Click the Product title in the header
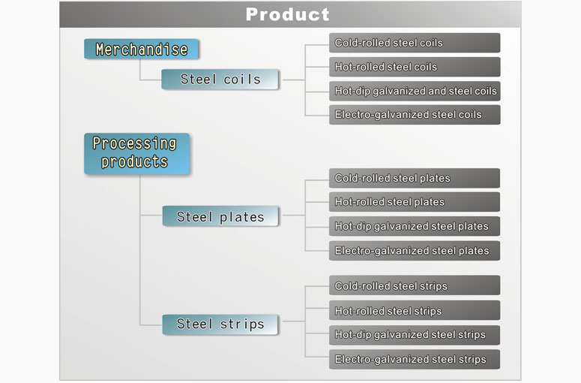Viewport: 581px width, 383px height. point(288,14)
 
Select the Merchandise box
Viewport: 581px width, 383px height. point(142,49)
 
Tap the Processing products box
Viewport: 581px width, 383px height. point(136,154)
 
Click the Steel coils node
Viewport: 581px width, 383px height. point(220,79)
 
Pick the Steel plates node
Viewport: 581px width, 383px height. point(220,216)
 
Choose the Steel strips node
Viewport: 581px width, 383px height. point(220,324)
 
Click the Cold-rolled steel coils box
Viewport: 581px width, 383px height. point(415,43)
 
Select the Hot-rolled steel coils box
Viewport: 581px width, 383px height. point(415,67)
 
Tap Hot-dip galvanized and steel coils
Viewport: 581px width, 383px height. point(415,91)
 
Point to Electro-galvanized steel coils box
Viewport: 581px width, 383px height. point(415,115)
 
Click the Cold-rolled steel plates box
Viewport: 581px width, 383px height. point(415,178)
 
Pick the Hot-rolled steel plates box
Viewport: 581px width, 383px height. point(415,202)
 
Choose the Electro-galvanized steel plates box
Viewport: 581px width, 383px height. point(415,251)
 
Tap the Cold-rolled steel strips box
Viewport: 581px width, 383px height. point(415,285)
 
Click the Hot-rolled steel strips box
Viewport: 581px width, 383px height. point(415,310)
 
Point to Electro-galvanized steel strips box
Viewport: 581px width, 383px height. point(415,359)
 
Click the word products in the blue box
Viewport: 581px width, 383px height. point(134,162)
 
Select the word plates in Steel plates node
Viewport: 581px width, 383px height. point(242,218)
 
